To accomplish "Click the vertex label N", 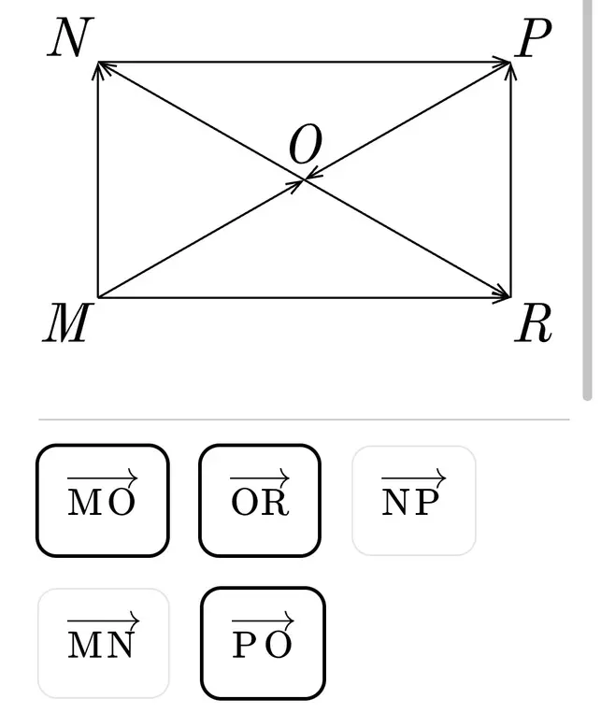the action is pos(70,37).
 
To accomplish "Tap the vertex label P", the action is pos(533,38).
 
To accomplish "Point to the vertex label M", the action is pos(67,322).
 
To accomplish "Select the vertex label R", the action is pos(533,322).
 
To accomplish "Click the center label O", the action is pos(306,145).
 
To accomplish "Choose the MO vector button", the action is pos(103,501).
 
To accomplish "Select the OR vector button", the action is pos(260,501).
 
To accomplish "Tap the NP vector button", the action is pos(414,501).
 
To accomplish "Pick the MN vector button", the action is pos(104,643).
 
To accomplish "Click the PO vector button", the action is pos(263,643).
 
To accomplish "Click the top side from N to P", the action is pos(304,62).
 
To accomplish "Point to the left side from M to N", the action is pos(98,179).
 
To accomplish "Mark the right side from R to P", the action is pos(511,179).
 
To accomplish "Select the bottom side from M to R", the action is pos(304,298).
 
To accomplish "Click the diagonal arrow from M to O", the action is pos(201,238).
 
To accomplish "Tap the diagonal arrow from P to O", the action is pos(408,121).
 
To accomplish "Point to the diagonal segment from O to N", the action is pos(201,121).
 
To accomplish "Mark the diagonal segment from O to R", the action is pos(408,238).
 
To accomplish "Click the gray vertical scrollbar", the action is pos(587,200).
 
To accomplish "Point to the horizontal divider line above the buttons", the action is pos(304,420).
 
